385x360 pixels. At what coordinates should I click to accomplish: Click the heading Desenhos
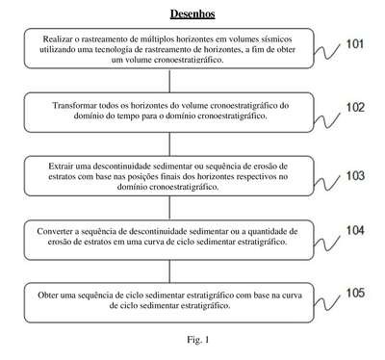(x=192, y=13)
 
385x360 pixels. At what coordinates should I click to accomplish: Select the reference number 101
(x=355, y=44)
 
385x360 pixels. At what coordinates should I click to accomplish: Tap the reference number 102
(x=355, y=108)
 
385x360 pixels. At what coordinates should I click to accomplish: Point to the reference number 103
(x=355, y=176)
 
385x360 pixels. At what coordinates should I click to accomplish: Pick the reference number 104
(x=355, y=230)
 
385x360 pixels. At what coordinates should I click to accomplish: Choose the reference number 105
(x=355, y=293)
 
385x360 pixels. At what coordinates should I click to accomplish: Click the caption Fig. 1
(x=198, y=340)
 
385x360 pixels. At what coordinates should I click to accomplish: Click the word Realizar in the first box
(x=54, y=39)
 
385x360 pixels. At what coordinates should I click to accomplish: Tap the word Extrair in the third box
(x=61, y=167)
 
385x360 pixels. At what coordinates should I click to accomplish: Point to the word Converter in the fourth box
(x=52, y=231)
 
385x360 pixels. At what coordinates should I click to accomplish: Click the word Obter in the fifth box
(x=47, y=296)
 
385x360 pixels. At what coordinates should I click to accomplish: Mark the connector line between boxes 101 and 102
(x=169, y=81)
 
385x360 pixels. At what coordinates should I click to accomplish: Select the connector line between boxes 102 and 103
(x=169, y=144)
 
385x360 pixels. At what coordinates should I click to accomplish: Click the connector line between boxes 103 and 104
(x=169, y=208)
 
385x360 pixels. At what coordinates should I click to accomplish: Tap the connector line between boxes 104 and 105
(x=169, y=271)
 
